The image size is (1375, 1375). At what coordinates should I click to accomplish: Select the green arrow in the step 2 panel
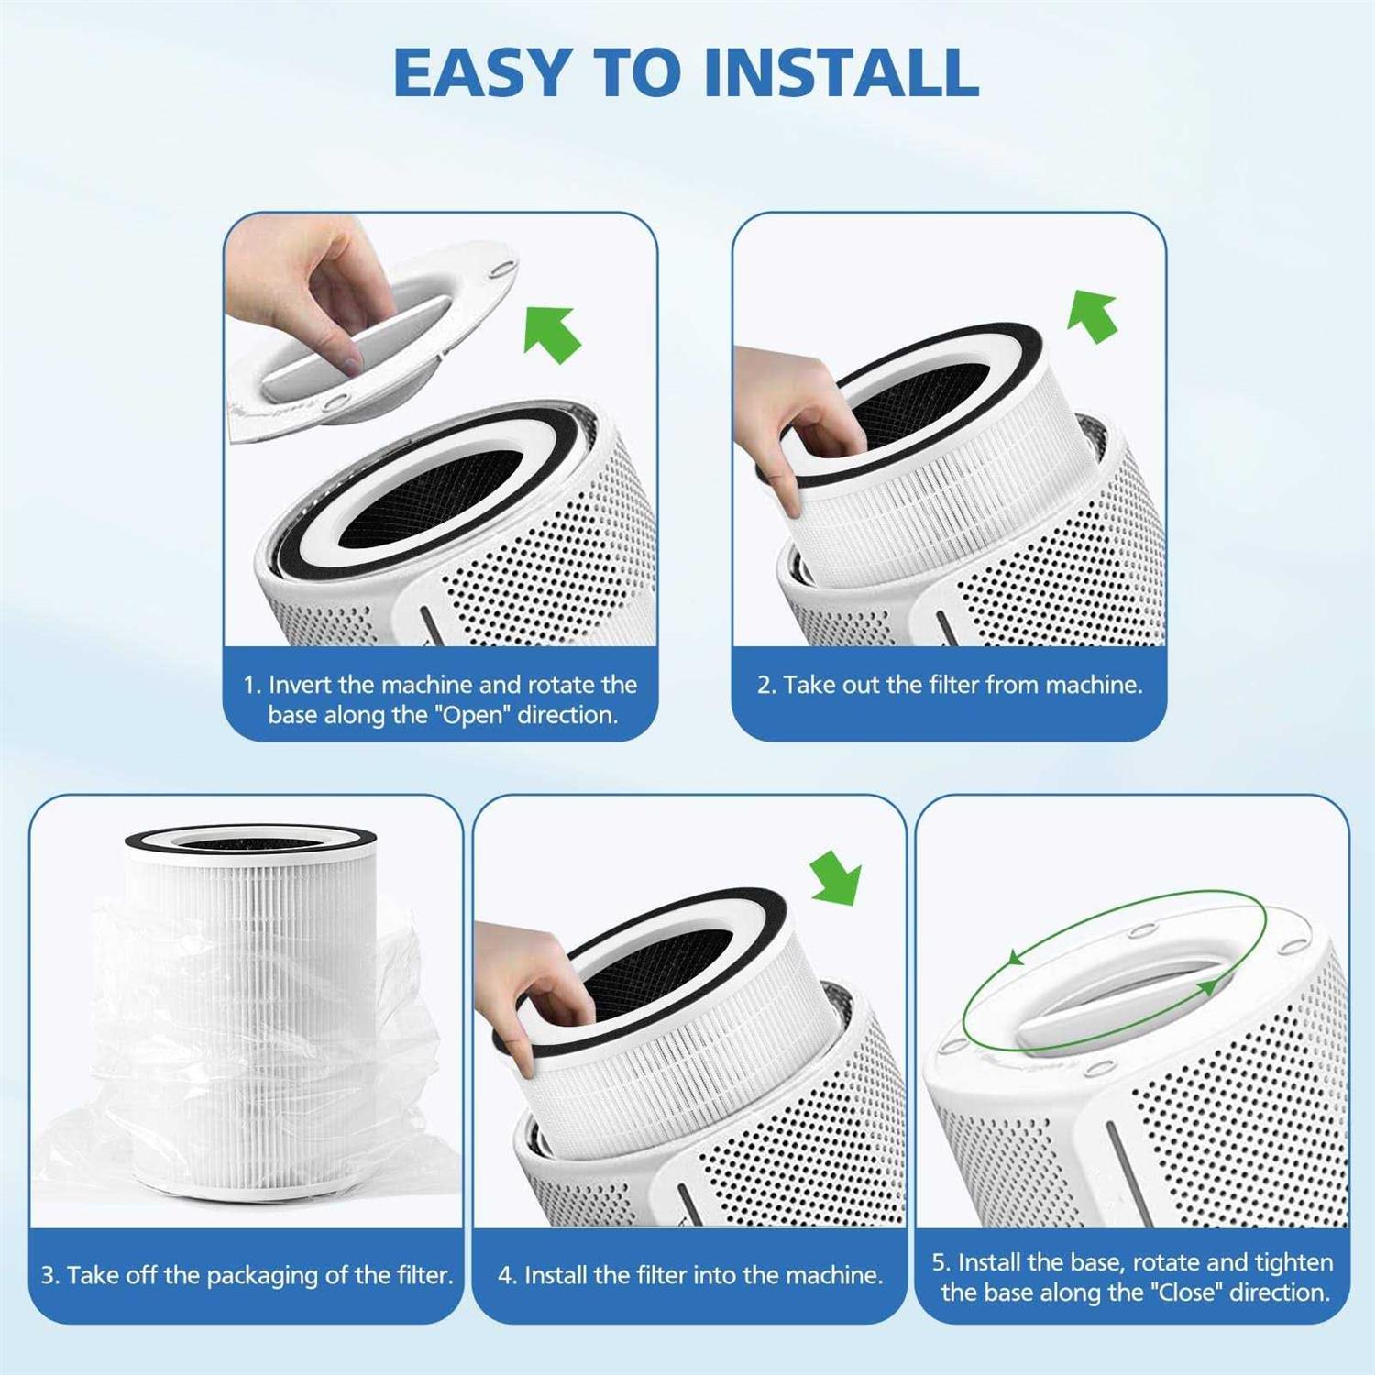(x=1094, y=316)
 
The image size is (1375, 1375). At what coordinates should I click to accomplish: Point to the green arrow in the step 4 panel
(x=837, y=876)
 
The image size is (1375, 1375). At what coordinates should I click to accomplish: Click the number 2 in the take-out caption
(x=764, y=685)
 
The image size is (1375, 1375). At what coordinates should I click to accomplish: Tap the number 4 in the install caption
(x=506, y=1275)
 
